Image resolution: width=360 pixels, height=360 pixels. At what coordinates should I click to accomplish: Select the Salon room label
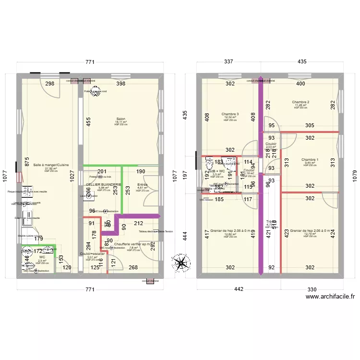tap(120, 119)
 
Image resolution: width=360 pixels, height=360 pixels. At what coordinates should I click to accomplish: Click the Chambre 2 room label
tap(301, 102)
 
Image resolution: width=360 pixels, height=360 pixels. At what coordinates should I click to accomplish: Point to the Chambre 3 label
tap(230, 114)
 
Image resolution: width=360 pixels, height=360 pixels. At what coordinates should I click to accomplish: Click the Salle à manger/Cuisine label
tap(51, 165)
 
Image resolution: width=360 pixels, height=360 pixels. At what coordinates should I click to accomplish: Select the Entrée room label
tap(142, 184)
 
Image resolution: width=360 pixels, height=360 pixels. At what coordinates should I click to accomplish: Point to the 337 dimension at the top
tap(228, 62)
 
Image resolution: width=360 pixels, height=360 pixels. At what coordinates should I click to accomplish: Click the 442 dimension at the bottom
tap(239, 289)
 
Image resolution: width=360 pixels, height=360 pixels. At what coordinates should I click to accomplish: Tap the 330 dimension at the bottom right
tap(312, 289)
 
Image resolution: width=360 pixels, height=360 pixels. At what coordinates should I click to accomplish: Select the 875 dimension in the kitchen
tap(27, 162)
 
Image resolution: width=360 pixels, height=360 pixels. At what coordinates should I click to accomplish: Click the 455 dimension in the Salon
tap(88, 122)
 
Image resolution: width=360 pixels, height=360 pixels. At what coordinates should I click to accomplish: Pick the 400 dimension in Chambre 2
tap(300, 84)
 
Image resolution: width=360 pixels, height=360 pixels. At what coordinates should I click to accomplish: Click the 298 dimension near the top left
tap(50, 84)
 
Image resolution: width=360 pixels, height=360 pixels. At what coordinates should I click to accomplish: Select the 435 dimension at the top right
tap(302, 62)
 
